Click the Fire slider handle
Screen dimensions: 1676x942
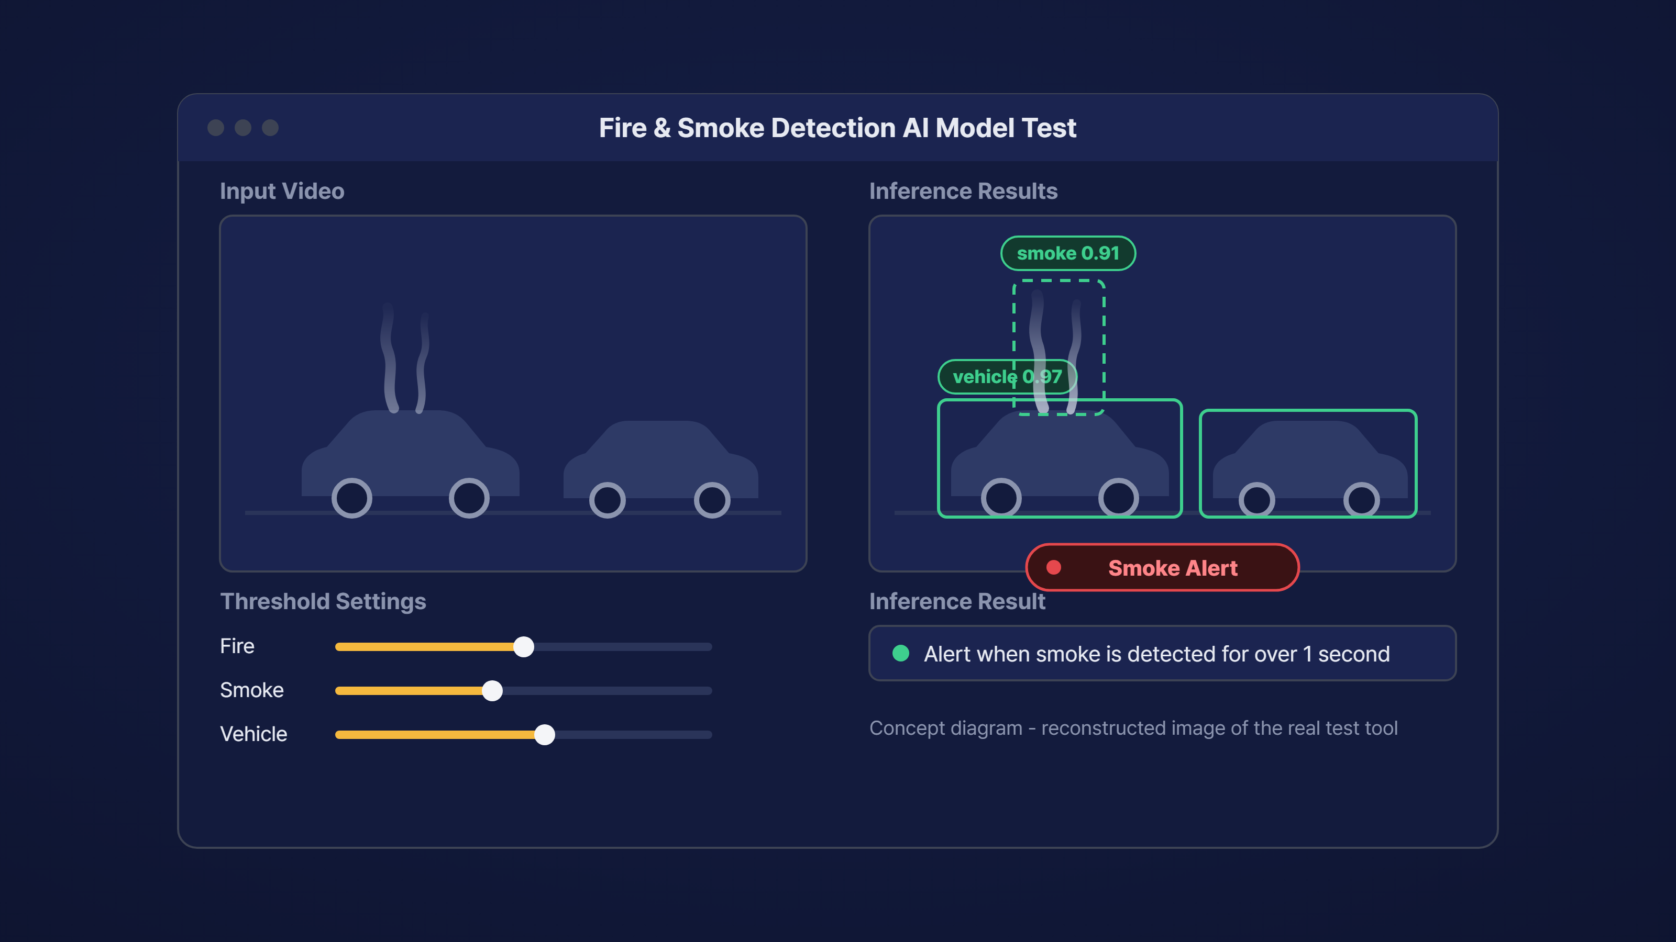tap(524, 646)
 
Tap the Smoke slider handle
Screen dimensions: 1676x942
tap(492, 690)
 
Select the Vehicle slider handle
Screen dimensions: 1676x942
tap(545, 735)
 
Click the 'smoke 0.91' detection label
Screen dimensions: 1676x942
tap(1068, 253)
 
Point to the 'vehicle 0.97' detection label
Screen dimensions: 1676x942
tap(1007, 376)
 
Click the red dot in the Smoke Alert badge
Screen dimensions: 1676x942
tap(1054, 567)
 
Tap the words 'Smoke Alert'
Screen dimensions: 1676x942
tap(1173, 568)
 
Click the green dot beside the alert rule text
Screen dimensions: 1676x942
tap(900, 653)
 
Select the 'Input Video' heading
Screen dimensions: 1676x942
tap(282, 191)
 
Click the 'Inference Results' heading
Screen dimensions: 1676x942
tap(964, 191)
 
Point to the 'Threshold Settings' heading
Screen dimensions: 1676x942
tap(323, 601)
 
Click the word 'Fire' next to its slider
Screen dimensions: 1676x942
tap(237, 646)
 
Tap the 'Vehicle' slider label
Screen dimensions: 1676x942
tap(253, 734)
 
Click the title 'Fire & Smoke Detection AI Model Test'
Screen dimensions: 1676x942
tap(838, 128)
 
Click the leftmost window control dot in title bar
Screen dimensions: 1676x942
tap(216, 128)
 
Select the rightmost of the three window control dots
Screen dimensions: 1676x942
tap(270, 128)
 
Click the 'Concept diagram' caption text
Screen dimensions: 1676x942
tap(1133, 728)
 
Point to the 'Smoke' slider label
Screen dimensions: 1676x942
tap(252, 690)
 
